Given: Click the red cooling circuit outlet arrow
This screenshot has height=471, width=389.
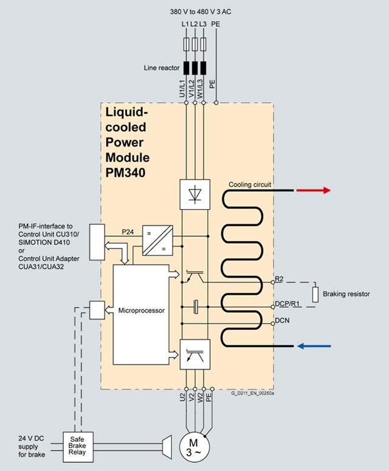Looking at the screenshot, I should (x=313, y=190).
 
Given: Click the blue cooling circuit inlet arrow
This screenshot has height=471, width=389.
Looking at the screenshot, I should (x=313, y=346).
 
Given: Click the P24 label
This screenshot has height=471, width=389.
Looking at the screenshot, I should (x=128, y=231).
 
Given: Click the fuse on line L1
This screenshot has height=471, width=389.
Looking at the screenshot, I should (x=185, y=44).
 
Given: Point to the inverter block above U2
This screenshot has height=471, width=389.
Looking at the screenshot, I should (x=195, y=354).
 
